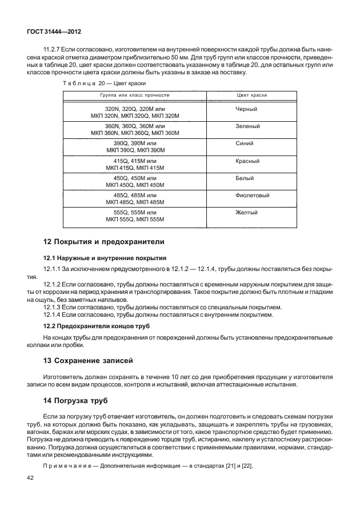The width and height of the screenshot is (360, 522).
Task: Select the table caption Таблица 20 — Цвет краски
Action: pyautogui.click(x=93, y=84)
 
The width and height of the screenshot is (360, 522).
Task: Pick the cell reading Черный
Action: pyautogui.click(x=246, y=109)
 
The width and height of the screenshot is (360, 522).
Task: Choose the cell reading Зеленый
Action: pyautogui.click(x=247, y=126)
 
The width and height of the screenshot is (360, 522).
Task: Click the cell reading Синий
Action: pyautogui.click(x=245, y=143)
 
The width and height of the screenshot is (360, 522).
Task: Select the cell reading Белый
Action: pyautogui.click(x=245, y=178)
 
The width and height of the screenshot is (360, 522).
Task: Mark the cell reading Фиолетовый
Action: pyautogui.click(x=253, y=195)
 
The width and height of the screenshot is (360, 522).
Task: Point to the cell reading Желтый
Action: pyautogui.click(x=246, y=212)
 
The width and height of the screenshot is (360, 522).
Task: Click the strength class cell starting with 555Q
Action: pyautogui.click(x=135, y=216)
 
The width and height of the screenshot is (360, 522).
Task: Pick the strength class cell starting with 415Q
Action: pyautogui.click(x=135, y=164)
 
